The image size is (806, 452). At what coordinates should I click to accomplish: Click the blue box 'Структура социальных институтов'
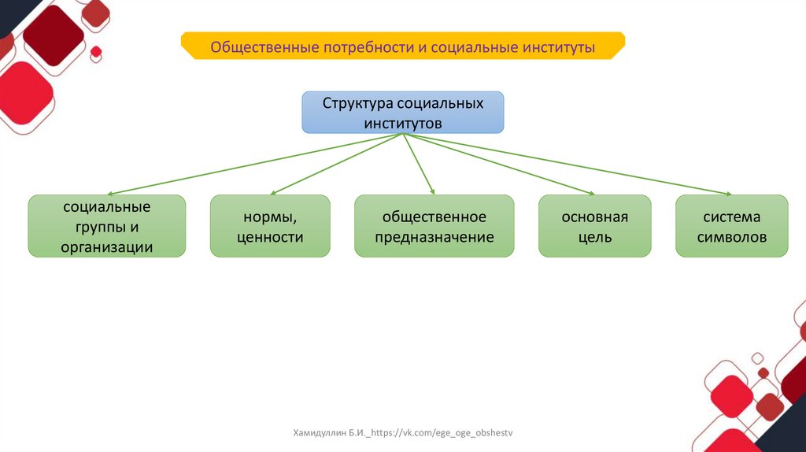tap(403, 113)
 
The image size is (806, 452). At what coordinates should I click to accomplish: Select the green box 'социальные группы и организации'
tap(107, 226)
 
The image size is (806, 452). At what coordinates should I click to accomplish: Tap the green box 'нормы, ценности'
tap(270, 226)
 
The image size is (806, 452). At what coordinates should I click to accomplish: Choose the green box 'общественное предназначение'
tap(434, 226)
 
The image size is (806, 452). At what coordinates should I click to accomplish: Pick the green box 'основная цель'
tap(594, 226)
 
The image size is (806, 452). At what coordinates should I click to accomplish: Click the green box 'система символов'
tap(731, 226)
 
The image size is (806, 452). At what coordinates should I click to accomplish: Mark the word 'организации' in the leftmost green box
tap(107, 246)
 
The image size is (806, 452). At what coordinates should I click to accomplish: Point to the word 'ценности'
tap(270, 236)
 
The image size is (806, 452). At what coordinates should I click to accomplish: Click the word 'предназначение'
tap(434, 236)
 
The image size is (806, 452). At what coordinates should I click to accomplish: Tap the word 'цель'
tap(594, 236)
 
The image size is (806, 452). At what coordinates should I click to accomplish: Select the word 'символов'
tap(731, 236)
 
